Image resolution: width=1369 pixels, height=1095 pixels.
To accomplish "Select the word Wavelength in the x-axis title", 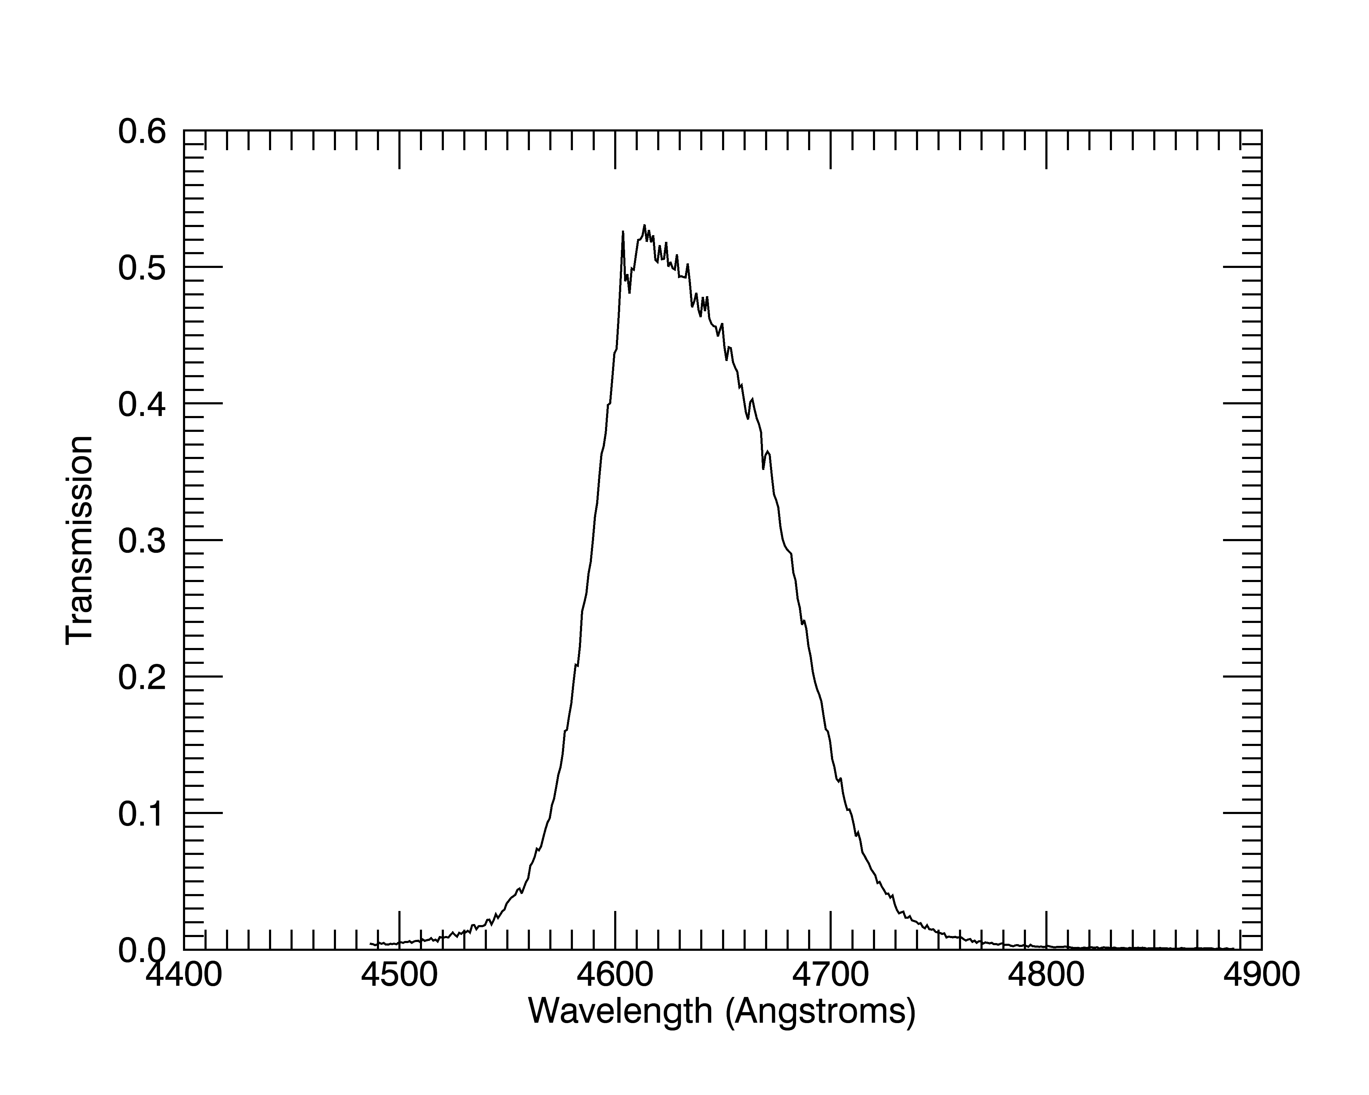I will (x=621, y=1011).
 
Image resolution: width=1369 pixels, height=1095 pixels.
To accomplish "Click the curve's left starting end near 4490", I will (x=372, y=944).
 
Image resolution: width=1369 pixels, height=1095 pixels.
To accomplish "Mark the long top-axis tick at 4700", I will (x=831, y=150).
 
